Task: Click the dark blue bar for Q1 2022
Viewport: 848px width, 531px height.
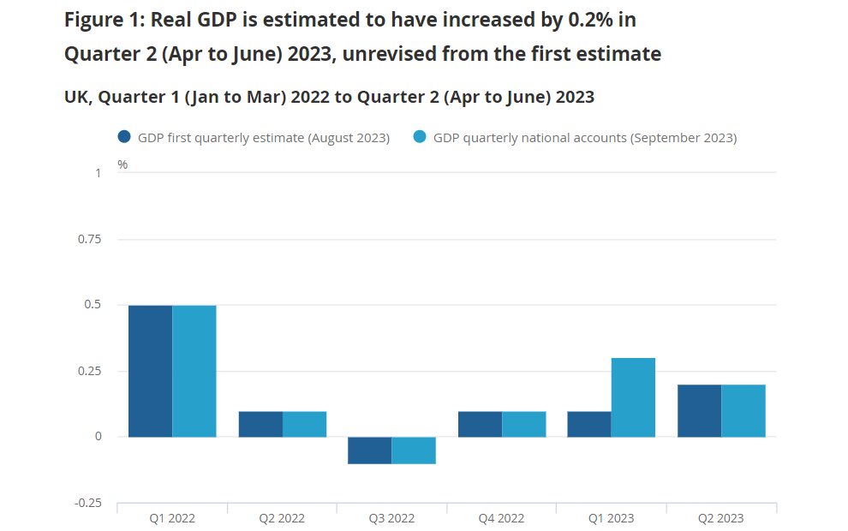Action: pos(150,371)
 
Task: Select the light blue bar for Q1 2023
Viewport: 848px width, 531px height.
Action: pos(633,397)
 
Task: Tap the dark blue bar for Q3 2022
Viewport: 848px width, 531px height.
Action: pos(370,450)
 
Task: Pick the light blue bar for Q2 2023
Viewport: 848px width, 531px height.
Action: pos(743,411)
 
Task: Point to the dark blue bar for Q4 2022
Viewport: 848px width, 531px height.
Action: pos(480,424)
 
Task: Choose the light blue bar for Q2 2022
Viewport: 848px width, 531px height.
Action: pos(304,424)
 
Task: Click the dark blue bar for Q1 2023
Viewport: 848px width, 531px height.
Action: pos(589,424)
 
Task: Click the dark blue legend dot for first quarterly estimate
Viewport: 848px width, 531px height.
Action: pos(124,137)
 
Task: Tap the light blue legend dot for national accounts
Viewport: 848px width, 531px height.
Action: pos(420,137)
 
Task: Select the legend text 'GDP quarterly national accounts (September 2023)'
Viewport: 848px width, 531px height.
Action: pos(585,138)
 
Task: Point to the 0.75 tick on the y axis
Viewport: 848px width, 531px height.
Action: pos(90,239)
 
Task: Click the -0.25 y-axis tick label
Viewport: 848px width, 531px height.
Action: pos(87,503)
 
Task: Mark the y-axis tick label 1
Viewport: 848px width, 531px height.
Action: pos(98,173)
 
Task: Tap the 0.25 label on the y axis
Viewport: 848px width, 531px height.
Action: pos(90,371)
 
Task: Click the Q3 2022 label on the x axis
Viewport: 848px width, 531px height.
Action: pos(391,518)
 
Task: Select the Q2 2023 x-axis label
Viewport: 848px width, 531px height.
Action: pos(721,518)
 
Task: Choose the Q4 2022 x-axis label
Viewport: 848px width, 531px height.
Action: pos(501,518)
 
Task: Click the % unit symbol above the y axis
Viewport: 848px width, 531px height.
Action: pos(122,164)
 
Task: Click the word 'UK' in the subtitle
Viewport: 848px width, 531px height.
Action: pos(75,97)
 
